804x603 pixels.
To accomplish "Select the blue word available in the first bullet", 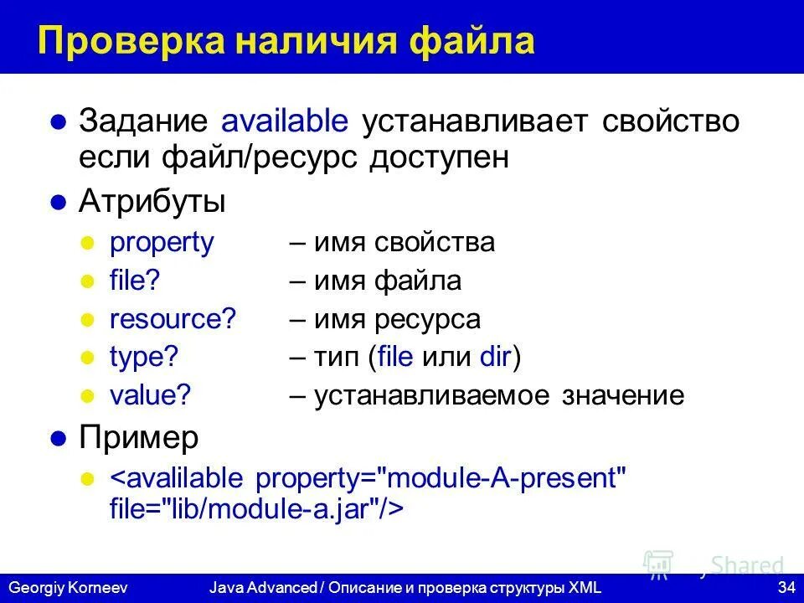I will coord(285,121).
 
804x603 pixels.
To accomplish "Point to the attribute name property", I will coord(162,243).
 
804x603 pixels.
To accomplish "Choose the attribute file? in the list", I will coord(134,281).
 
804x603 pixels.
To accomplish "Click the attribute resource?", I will coord(173,319).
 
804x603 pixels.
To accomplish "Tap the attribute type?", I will coord(144,358).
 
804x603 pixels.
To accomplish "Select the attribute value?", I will coord(151,395).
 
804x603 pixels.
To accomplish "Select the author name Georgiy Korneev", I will coord(67,588).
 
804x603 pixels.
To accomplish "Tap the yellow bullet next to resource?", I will coord(85,320).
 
